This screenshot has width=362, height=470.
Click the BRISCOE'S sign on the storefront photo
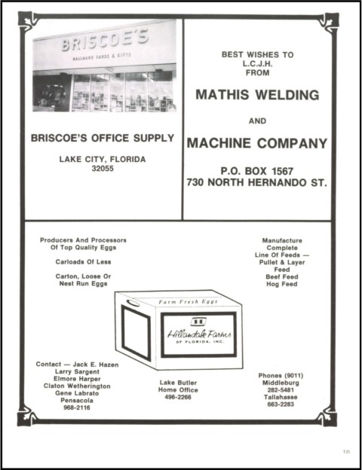click(x=105, y=40)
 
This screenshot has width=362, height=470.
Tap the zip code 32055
click(x=103, y=169)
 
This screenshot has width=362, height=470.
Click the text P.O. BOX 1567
click(x=257, y=171)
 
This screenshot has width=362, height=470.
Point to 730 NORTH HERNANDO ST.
click(x=257, y=182)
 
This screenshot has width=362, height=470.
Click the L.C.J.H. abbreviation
click(x=257, y=63)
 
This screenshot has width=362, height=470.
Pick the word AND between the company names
click(x=257, y=121)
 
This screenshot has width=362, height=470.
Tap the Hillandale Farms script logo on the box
click(x=199, y=334)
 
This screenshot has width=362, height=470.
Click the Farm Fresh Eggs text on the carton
click(x=189, y=301)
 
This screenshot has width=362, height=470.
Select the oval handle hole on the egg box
click(x=133, y=303)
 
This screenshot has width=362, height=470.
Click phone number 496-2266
click(x=178, y=397)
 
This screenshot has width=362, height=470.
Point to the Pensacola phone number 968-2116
click(x=77, y=407)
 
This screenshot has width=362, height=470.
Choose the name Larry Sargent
click(x=77, y=371)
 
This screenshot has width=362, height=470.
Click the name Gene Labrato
click(x=77, y=393)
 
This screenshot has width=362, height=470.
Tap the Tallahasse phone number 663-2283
click(x=281, y=404)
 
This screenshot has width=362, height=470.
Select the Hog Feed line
click(x=282, y=284)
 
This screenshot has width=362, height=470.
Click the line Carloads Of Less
click(x=83, y=262)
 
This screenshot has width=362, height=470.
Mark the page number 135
click(x=346, y=451)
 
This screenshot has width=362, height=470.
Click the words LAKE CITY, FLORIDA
click(x=103, y=159)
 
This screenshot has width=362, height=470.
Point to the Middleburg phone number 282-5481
click(x=281, y=390)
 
